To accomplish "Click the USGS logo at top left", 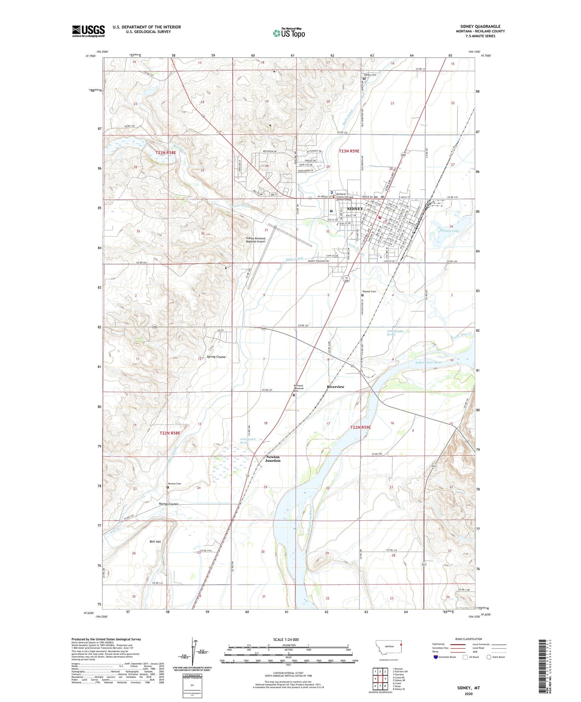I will (x=88, y=31).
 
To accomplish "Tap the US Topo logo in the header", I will (x=289, y=33).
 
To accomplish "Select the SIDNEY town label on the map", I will (x=355, y=209).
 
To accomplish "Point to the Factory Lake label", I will (x=449, y=231).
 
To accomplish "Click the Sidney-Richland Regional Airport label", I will (x=256, y=240).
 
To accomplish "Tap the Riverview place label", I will (x=335, y=387).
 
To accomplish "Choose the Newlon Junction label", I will (x=273, y=458).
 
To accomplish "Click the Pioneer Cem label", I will (x=369, y=291).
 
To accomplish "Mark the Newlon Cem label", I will (x=174, y=484).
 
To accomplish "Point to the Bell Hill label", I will (x=155, y=541).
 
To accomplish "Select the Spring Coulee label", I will (x=216, y=357).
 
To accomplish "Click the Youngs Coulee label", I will (x=168, y=504).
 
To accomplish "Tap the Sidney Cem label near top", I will (x=370, y=75).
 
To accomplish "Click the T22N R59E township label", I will (x=360, y=427).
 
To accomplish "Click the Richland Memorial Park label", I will (x=298, y=388).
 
